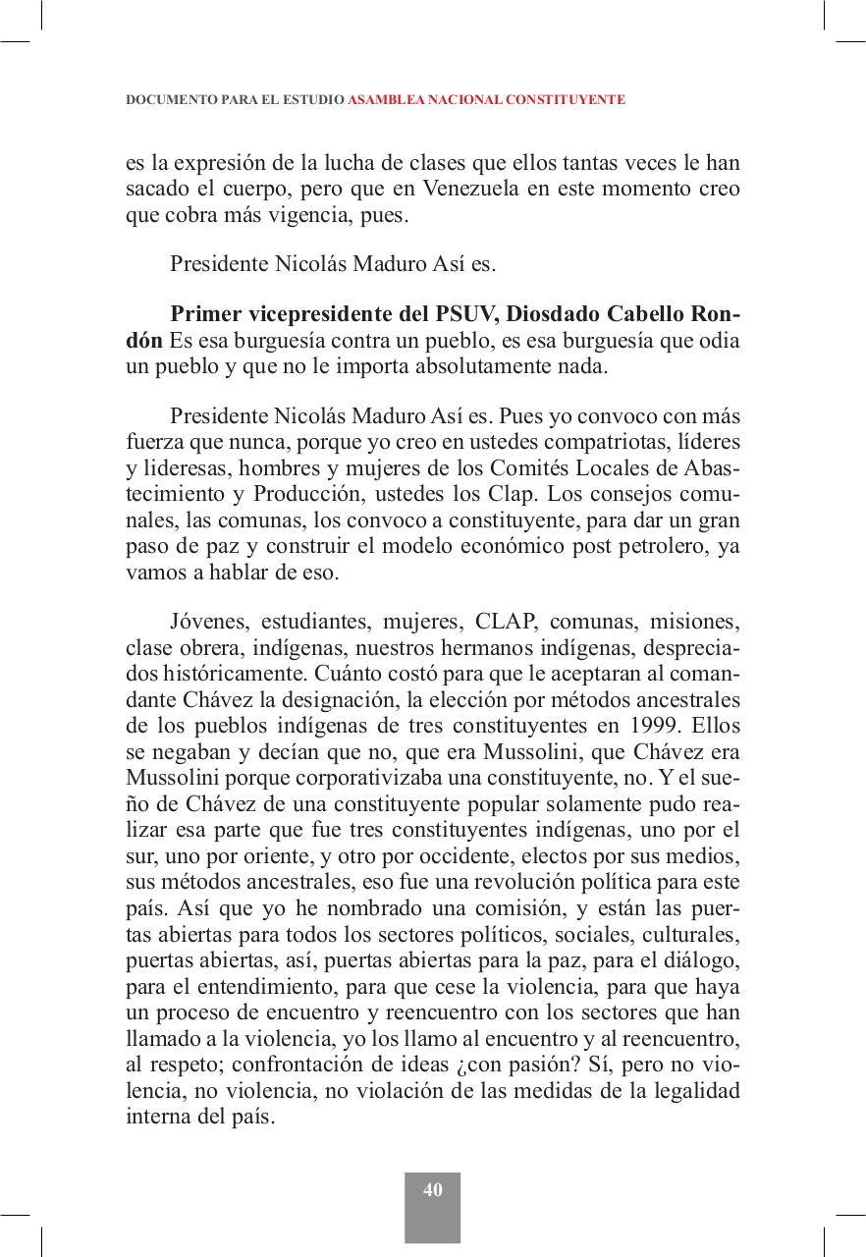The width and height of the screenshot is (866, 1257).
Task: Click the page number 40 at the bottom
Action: pyautogui.click(x=433, y=1189)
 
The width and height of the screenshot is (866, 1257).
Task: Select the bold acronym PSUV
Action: pyautogui.click(x=464, y=314)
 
